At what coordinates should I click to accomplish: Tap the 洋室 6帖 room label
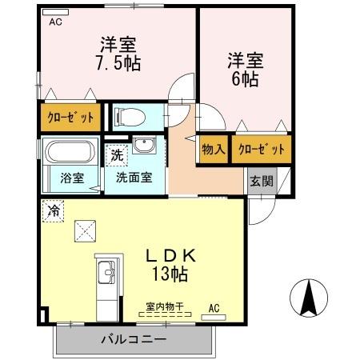246,69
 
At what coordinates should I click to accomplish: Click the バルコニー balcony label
134,339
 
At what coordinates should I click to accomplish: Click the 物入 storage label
213,149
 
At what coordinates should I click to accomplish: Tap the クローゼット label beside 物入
262,149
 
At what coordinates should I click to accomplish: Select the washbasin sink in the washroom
144,146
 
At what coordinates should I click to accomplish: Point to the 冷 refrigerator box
54,211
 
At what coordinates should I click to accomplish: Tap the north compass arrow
310,298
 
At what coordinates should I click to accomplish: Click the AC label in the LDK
214,306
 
